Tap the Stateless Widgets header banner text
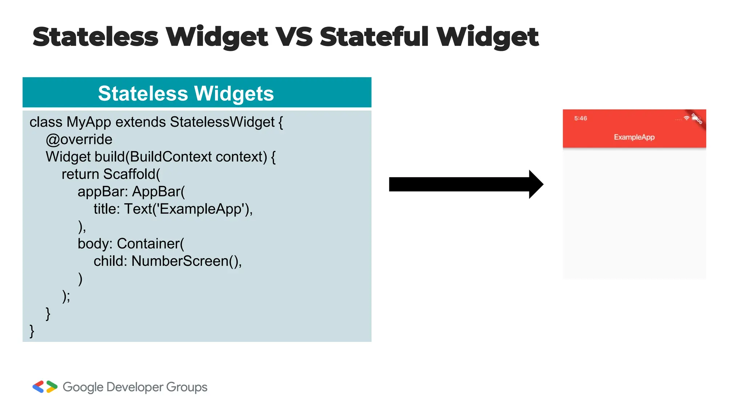(186, 93)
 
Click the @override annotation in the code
(79, 139)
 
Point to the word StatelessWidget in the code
(222, 122)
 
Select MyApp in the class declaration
(89, 122)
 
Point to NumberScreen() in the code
(185, 261)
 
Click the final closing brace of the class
(32, 331)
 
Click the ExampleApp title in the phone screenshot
(634, 137)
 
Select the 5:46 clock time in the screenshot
(581, 118)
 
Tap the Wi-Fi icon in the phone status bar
(686, 118)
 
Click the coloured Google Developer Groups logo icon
(45, 387)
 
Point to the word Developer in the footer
(135, 387)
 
